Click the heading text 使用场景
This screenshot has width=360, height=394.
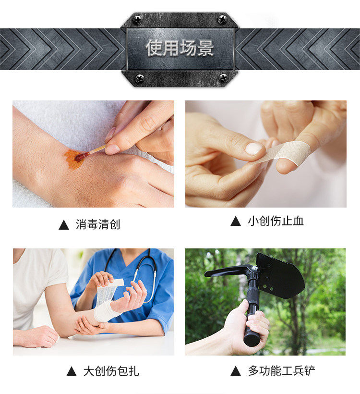pos(180,48)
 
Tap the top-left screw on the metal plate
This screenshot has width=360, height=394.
pos(137,19)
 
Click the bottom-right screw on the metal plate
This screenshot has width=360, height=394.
pos(222,78)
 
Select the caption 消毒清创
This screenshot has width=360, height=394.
pos(98,224)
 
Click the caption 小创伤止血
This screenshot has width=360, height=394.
pos(276,221)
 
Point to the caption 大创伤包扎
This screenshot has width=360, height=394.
pos(111,371)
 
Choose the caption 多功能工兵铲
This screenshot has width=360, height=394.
pos(281,370)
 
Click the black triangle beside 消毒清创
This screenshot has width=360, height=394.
pos(64,225)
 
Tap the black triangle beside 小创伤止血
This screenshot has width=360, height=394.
pos(236,221)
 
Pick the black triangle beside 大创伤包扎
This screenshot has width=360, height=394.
pos(72,371)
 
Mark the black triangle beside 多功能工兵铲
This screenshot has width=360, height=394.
pos(236,371)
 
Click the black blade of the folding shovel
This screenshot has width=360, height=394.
pos(284,275)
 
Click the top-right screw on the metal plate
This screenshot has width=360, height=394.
pos(222,19)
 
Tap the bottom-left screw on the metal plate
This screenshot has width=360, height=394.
pos(140,78)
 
